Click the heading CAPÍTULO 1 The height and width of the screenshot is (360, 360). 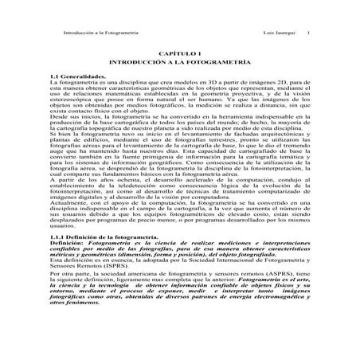[x=180, y=51]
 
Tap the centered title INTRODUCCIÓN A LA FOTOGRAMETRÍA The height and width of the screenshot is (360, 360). [x=180, y=60]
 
